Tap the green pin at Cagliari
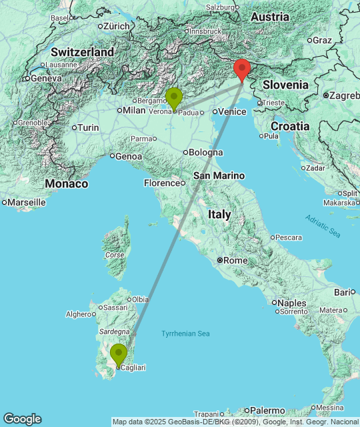pos(119,354)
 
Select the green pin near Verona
pos(174,98)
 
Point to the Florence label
pos(161,183)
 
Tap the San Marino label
pos(219,175)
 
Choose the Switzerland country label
pos(82,51)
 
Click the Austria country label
pos(271,17)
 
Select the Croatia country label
pos(290,126)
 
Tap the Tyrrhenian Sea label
pos(185,334)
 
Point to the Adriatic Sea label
pos(323,226)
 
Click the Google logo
pos(22,419)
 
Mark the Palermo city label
pos(267,410)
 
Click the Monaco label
pos(67,183)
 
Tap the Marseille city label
pos(26,201)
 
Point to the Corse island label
pos(115,255)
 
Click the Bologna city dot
pos(186,152)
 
